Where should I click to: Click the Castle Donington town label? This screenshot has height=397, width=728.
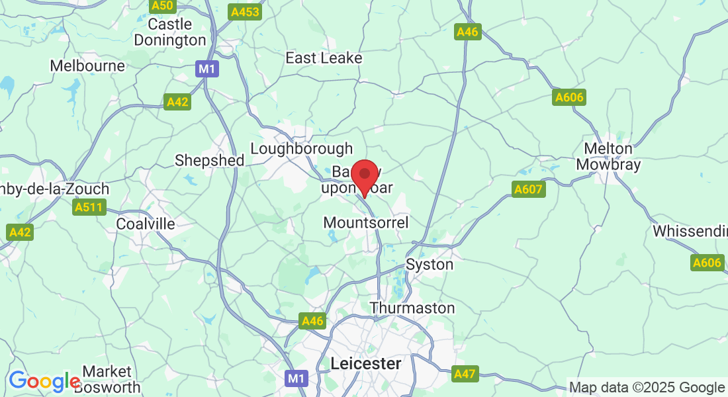pyautogui.click(x=170, y=32)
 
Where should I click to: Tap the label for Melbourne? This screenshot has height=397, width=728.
pyautogui.click(x=87, y=66)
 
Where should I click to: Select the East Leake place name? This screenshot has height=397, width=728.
pyautogui.click(x=324, y=58)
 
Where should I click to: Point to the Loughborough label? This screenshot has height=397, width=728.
pyautogui.click(x=302, y=149)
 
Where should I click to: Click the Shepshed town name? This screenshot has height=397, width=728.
pyautogui.click(x=209, y=160)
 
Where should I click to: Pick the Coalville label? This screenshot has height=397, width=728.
pyautogui.click(x=146, y=224)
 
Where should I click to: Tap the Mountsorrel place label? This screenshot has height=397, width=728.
pyautogui.click(x=366, y=222)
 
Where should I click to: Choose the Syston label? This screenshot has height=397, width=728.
pyautogui.click(x=430, y=265)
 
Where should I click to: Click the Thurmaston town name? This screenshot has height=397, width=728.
pyautogui.click(x=412, y=308)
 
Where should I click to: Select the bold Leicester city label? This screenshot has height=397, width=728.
pyautogui.click(x=365, y=363)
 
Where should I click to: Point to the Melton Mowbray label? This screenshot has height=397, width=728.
pyautogui.click(x=609, y=156)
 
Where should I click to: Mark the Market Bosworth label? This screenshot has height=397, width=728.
pyautogui.click(x=107, y=379)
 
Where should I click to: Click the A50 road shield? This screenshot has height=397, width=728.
pyautogui.click(x=162, y=6)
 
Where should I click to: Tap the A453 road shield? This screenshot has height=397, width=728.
pyautogui.click(x=245, y=12)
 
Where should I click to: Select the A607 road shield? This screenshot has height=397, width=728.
pyautogui.click(x=528, y=190)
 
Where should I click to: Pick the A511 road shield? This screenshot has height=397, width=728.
pyautogui.click(x=89, y=208)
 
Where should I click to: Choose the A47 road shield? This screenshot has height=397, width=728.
pyautogui.click(x=465, y=374)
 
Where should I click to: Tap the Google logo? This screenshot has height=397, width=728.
pyautogui.click(x=44, y=382)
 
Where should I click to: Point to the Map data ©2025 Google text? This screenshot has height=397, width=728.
pyautogui.click(x=647, y=388)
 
